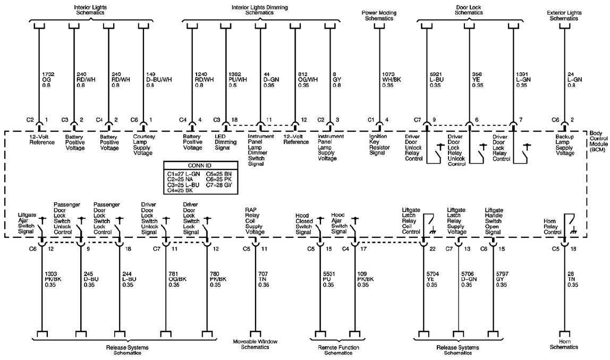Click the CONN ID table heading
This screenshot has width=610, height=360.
pos(200,166)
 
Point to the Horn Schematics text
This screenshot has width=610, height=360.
pos(564,345)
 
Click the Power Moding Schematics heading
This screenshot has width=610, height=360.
pos(379,15)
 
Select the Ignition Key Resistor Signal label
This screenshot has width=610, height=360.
pos(379,144)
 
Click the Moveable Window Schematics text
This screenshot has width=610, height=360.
pos(255,345)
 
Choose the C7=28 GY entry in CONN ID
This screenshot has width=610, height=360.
pos(219,185)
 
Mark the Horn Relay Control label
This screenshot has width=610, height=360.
pos(553,227)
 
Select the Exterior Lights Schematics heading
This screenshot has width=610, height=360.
pos(564,15)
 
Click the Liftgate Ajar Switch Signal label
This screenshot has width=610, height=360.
pos(27,223)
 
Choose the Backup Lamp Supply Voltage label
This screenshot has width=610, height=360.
pos(564,145)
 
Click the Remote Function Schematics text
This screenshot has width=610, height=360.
pos(338,350)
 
